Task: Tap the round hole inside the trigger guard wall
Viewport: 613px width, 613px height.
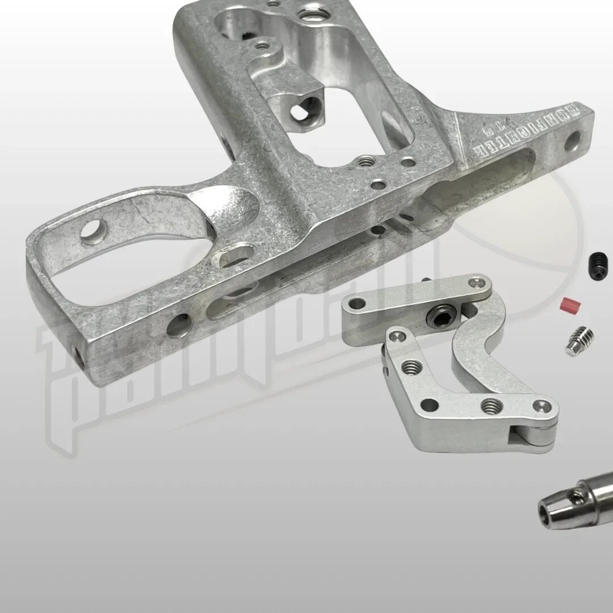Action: [x=93, y=231]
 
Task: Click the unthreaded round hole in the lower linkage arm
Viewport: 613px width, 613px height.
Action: [x=430, y=405]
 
